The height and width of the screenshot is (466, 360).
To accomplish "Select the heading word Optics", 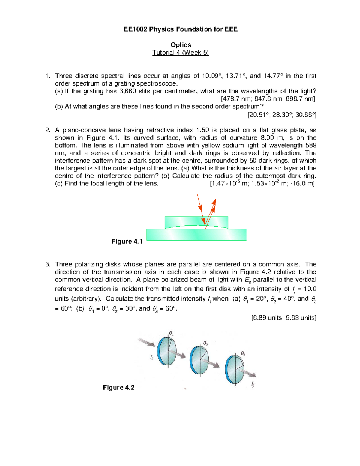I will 181,45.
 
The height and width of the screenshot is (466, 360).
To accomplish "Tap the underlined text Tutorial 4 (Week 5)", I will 181,53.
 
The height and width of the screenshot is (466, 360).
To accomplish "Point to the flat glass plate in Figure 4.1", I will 168,235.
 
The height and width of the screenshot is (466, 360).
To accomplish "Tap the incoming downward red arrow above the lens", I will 200,204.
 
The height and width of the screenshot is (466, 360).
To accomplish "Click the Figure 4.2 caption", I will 118,387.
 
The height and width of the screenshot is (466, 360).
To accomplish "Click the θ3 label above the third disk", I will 243,354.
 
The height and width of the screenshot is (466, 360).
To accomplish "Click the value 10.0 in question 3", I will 310,289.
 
